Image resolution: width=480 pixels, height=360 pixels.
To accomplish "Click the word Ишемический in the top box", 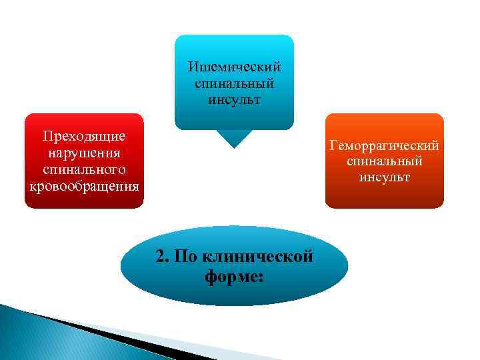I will click(234, 67).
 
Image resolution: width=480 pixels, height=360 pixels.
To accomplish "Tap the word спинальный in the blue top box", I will click(234, 83).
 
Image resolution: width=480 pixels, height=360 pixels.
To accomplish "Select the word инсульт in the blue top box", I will click(234, 99).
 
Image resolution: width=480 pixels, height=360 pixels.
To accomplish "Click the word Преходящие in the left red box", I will click(84, 137).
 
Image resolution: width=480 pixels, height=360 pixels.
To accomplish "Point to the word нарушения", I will click(84, 153).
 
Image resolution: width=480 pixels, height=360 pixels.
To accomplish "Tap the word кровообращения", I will click(84, 185).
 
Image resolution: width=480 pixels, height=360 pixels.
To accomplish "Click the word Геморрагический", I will click(384, 145).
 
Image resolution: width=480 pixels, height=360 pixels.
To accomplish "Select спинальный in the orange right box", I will click(384, 161).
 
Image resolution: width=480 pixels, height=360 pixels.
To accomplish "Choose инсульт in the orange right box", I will click(384, 177).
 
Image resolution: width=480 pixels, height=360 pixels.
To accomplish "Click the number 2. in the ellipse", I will click(164, 257).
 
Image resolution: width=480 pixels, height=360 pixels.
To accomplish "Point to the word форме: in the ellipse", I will click(235, 276).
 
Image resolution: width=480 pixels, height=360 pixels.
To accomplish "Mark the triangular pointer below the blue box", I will click(234, 138).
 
